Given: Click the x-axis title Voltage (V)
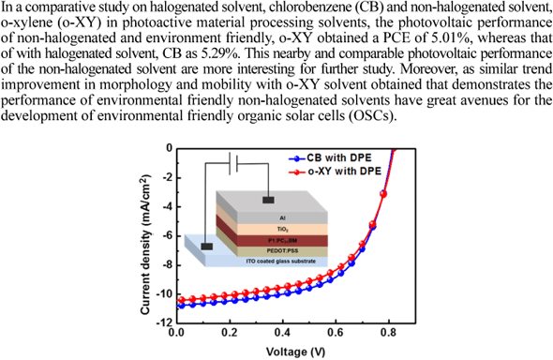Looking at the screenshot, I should click(284, 350).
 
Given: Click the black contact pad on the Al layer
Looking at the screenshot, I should click(269, 200).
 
